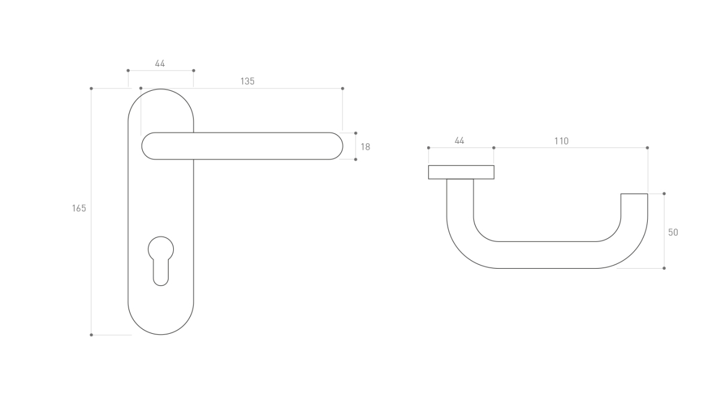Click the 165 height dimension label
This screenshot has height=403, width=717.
coord(79,208)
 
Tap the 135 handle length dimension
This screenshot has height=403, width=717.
coord(247,81)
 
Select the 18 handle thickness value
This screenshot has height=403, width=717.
coord(365,147)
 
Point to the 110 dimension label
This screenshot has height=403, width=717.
coord(562,141)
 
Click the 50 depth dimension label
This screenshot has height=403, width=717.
coord(673,232)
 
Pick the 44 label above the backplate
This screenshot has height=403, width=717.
coord(160,64)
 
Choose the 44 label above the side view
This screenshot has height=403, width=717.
coord(459,141)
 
